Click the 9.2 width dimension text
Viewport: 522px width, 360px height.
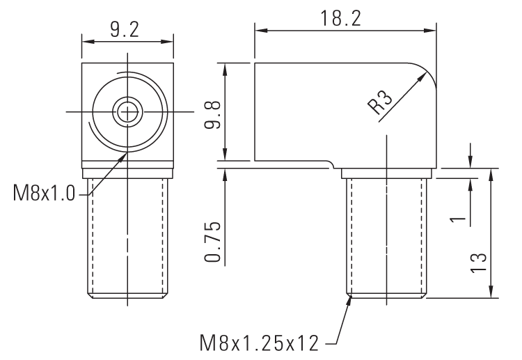coord(125,29)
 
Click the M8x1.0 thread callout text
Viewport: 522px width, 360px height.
coord(43,193)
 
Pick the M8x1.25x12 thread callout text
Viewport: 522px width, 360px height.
coord(259,343)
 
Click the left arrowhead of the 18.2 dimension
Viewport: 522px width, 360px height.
coord(259,30)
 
